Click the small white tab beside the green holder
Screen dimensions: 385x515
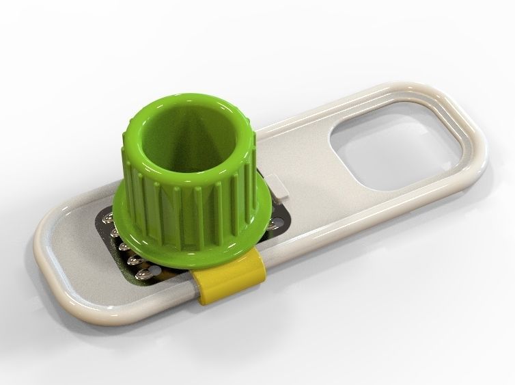(x=277, y=185)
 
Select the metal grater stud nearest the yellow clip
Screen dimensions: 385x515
(x=143, y=274)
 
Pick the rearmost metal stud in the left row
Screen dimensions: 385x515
(x=107, y=218)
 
